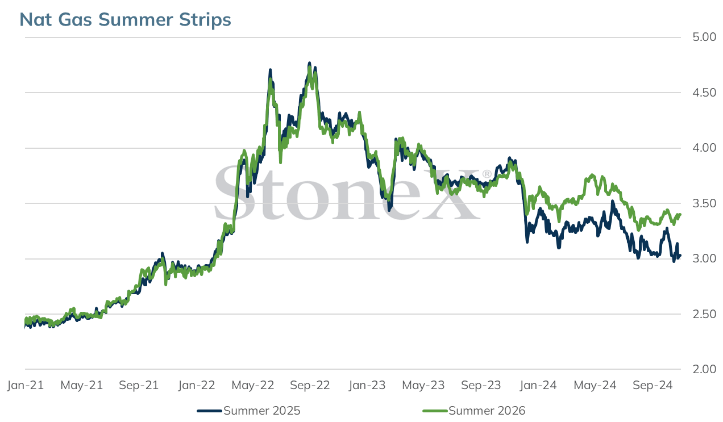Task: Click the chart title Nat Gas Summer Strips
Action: (125, 20)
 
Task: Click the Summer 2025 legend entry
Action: (249, 411)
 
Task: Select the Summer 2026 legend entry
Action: (474, 411)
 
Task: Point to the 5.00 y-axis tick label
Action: (704, 37)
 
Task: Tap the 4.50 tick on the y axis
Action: (704, 93)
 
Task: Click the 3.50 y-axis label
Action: (704, 203)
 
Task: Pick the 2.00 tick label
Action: (704, 369)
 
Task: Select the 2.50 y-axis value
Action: (704, 314)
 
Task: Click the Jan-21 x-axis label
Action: (26, 385)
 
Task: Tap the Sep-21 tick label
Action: (139, 385)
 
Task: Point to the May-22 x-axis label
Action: (253, 385)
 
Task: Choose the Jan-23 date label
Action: (367, 385)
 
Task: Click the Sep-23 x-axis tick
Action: (481, 385)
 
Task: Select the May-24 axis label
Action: (595, 385)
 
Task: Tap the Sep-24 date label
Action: (653, 385)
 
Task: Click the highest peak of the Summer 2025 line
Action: (310, 63)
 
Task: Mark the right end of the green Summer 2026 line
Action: (680, 214)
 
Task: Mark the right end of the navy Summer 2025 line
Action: (680, 256)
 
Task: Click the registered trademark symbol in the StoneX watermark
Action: (487, 174)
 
